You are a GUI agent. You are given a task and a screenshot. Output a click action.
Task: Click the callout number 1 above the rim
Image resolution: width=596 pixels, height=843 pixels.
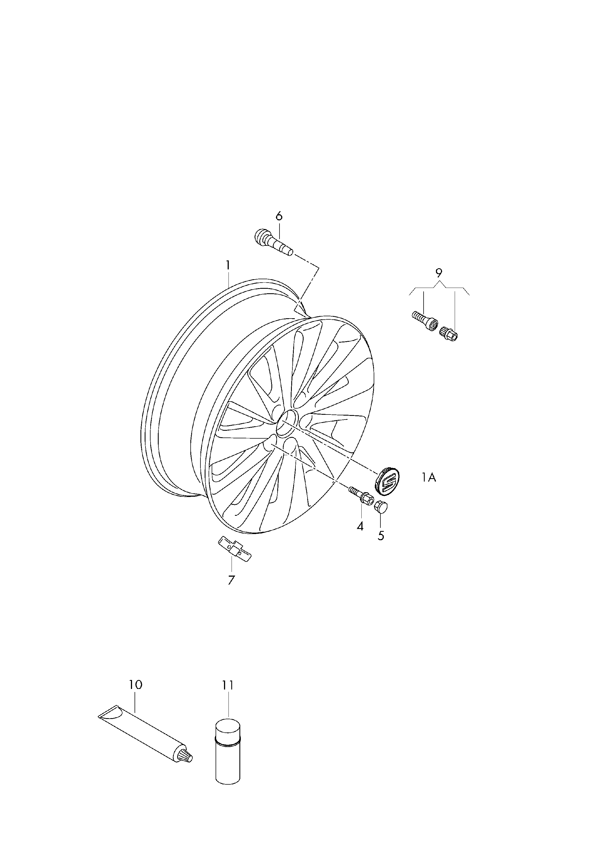[x=228, y=265]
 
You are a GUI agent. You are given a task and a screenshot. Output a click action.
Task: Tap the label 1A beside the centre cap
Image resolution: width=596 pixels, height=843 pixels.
[x=428, y=478]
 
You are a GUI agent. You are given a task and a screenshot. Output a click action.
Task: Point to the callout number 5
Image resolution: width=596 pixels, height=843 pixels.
[x=381, y=536]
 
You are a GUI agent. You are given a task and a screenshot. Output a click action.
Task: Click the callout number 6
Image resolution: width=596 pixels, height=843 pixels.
[x=279, y=216]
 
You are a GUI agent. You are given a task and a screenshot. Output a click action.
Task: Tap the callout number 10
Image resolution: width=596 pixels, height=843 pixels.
[x=135, y=684]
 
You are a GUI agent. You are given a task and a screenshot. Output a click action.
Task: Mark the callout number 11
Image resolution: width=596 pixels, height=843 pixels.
[x=228, y=685]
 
